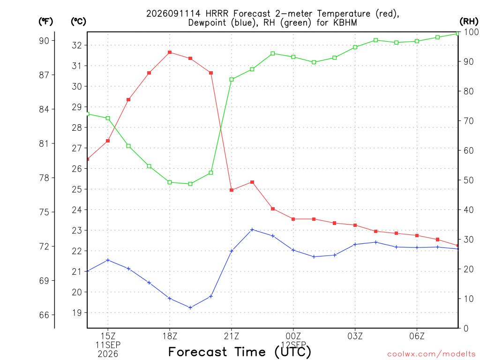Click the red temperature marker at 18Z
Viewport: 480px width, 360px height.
170,52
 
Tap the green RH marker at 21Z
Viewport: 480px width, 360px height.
232,80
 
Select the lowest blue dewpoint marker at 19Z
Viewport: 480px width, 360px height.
190,307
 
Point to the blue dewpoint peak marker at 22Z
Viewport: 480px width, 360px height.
252,230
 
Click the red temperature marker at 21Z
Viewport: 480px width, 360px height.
232,190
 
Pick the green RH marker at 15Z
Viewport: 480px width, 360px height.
108,119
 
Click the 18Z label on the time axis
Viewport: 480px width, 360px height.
170,337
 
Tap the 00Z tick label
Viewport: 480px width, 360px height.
293,337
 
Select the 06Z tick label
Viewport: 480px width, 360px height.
417,337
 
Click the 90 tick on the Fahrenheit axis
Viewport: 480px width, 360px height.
44,41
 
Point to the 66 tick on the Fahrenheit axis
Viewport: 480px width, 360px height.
44,315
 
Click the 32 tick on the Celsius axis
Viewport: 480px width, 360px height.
77,45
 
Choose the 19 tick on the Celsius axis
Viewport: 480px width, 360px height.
77,313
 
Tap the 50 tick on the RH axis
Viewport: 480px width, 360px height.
468,180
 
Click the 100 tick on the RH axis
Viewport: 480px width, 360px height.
471,32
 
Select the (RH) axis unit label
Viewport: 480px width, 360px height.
469,21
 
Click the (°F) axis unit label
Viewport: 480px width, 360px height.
45,22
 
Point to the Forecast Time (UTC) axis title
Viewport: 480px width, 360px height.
240,352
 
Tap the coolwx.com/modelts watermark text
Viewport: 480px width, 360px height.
431,354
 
